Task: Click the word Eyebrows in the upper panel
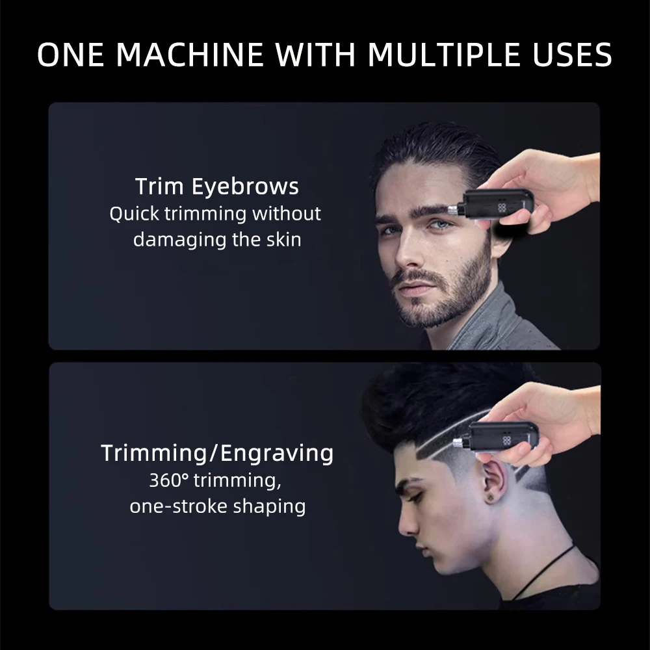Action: (x=246, y=187)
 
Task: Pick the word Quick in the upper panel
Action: (x=133, y=213)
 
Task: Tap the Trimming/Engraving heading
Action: (x=217, y=452)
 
